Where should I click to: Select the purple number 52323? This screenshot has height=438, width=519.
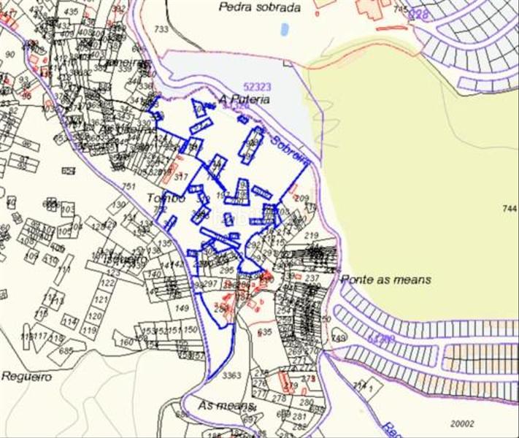pyautogui.click(x=256, y=87)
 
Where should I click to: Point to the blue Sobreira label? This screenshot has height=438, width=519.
pyautogui.click(x=290, y=150)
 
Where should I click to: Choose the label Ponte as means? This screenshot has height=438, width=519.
pyautogui.click(x=386, y=280)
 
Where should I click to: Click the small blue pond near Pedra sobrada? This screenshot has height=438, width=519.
pyautogui.click(x=284, y=30)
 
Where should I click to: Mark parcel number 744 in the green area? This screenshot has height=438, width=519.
pyautogui.click(x=510, y=209)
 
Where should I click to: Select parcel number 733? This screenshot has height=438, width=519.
pyautogui.click(x=161, y=29)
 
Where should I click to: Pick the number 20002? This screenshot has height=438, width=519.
pyautogui.click(x=462, y=423)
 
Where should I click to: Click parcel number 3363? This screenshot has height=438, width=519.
pyautogui.click(x=231, y=375)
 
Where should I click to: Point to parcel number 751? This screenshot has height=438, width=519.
pyautogui.click(x=128, y=187)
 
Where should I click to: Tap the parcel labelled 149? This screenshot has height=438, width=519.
pyautogui.click(x=181, y=308)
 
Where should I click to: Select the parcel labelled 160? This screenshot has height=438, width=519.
pyautogui.click(x=127, y=342)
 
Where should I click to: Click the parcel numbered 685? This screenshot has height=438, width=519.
pyautogui.click(x=66, y=350)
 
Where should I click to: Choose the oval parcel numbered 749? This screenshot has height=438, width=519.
pyautogui.click(x=338, y=337)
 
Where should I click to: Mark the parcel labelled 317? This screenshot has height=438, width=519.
pyautogui.click(x=181, y=177)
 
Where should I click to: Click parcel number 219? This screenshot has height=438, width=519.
pyautogui.click(x=312, y=235)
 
